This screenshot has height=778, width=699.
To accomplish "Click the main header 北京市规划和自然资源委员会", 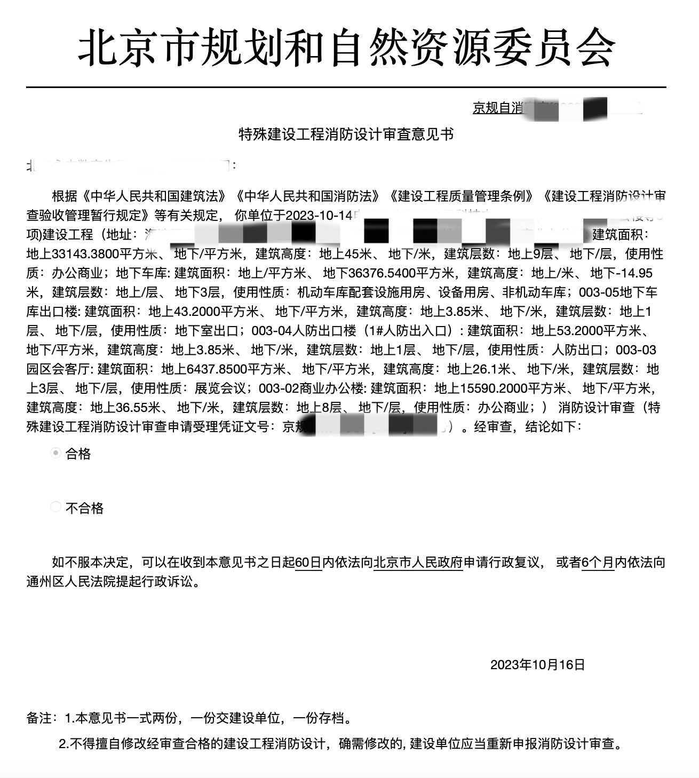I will tap(347, 47).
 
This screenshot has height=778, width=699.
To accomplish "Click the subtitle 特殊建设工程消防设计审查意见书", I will tap(346, 134).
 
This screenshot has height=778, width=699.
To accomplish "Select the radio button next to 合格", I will tap(55, 454).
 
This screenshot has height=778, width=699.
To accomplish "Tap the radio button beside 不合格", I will tap(55, 507).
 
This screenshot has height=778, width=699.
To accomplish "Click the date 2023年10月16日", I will tap(537, 664).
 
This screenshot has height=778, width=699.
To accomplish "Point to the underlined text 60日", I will tap(308, 562).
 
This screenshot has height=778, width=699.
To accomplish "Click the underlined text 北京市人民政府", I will tap(418, 562).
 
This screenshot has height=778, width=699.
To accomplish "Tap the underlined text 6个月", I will tap(597, 562).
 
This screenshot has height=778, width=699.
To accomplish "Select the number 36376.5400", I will tap(382, 273).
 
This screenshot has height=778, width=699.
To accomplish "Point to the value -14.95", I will tap(634, 273).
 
